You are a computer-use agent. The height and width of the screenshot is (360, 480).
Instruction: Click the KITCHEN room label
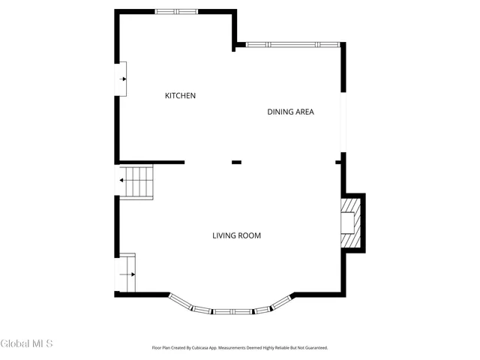tap(180, 95)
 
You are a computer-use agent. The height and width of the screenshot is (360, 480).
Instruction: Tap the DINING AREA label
tap(290, 112)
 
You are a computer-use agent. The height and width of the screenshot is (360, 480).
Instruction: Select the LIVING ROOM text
tap(236, 235)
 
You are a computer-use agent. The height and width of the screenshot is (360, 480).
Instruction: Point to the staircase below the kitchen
tap(137, 181)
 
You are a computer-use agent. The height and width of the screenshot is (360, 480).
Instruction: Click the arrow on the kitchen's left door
tap(122, 77)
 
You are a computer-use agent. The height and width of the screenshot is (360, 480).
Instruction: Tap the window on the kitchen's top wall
tap(177, 11)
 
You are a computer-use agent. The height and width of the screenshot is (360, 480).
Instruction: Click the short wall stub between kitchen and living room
tap(236, 162)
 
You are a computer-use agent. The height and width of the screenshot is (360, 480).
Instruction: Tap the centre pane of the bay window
tap(232, 311)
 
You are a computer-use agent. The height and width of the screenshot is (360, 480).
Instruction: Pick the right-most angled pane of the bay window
tap(280, 301)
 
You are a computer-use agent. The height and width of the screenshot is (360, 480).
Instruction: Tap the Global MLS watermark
tap(27, 343)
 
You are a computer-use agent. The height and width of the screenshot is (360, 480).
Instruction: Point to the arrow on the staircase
tap(122, 181)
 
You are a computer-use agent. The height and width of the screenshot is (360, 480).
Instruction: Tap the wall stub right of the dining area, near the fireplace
tap(339, 162)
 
